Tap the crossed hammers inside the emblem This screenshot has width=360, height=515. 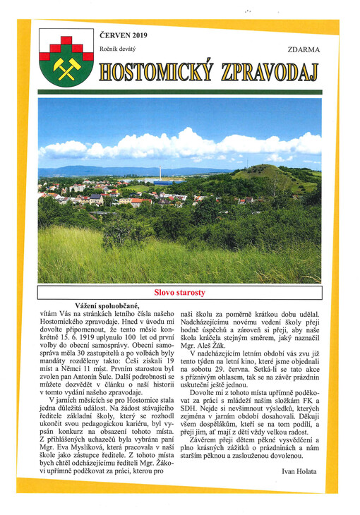(x=66, y=67)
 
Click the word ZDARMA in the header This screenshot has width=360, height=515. (x=304, y=50)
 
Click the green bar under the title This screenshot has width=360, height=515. (x=179, y=92)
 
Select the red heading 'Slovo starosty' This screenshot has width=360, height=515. (x=180, y=292)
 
